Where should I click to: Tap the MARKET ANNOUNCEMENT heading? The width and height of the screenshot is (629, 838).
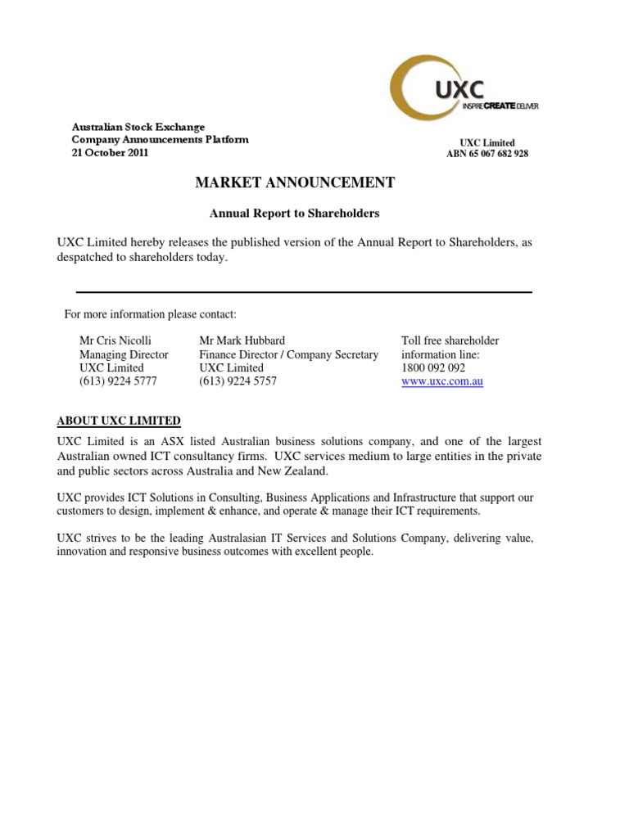click(295, 182)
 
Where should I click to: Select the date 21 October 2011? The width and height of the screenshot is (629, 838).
click(111, 153)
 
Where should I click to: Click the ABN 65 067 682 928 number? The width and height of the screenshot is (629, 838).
click(487, 154)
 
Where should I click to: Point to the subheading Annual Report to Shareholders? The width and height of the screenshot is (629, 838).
click(295, 214)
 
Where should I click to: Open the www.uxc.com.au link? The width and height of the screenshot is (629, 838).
click(442, 381)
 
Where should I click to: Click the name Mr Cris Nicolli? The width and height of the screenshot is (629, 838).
click(115, 340)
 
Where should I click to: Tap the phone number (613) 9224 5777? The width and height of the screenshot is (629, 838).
click(118, 381)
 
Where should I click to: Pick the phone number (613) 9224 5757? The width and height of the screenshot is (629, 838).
click(238, 381)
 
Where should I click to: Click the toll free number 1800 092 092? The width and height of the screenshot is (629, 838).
click(433, 368)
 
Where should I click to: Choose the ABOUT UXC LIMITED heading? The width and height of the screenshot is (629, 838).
click(119, 421)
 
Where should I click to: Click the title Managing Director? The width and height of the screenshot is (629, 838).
click(124, 354)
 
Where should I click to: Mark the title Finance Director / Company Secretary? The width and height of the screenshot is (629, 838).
click(289, 354)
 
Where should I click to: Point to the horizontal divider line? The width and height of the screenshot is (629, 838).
click(304, 292)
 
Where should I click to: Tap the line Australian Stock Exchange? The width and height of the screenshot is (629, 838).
click(138, 127)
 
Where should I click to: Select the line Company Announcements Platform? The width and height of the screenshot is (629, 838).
click(161, 140)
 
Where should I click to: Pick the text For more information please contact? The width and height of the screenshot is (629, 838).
click(151, 315)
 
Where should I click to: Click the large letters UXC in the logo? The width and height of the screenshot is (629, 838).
click(459, 88)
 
